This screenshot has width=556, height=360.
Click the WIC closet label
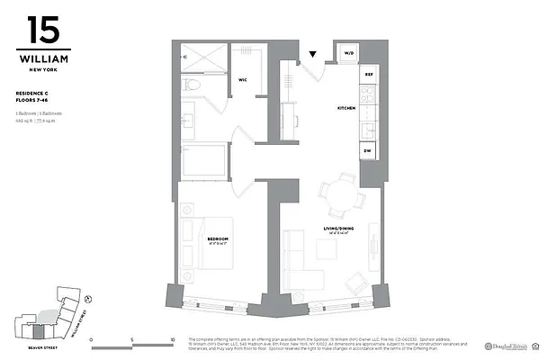[243, 80]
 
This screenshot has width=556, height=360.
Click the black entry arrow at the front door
[312, 55]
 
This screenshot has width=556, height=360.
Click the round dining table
[336, 191]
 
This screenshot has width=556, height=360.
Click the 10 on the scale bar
[172, 341]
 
